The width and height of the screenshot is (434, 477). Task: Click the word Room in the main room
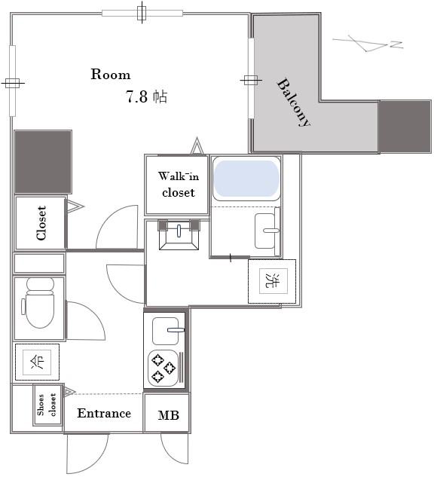[111, 75]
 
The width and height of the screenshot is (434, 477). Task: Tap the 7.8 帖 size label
[146, 96]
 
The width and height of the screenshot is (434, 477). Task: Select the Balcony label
[293, 102]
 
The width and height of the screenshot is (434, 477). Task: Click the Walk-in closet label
[179, 185]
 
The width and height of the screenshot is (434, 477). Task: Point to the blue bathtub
[246, 179]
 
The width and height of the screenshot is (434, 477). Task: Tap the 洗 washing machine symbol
[273, 281]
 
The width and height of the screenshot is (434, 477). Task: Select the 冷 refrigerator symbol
[37, 362]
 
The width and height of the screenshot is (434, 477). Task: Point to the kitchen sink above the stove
[166, 331]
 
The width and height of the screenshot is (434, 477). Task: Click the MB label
[169, 415]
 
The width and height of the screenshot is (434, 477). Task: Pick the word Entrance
[104, 413]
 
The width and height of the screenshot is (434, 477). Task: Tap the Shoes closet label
[47, 405]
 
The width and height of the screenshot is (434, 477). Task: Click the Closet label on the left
[41, 223]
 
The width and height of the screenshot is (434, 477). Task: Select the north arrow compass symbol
[368, 43]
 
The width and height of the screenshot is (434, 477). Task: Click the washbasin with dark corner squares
[179, 234]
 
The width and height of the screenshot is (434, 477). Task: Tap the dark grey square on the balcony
[405, 127]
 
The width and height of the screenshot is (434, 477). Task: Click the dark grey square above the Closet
[43, 162]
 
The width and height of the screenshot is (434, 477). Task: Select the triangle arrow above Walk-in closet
[197, 145]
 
